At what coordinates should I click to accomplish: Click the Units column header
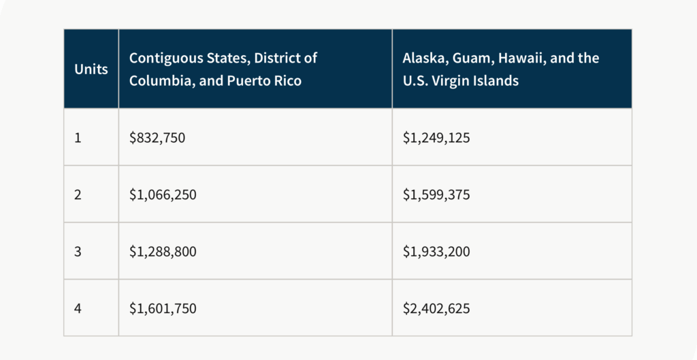tap(91, 69)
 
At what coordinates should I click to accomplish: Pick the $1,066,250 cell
tap(163, 195)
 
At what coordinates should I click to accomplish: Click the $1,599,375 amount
tap(436, 195)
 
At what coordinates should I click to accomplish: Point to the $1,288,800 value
tap(163, 252)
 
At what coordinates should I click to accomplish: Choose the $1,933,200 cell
tap(436, 252)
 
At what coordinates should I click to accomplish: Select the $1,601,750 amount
tap(163, 308)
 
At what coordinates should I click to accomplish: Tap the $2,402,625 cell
tap(436, 308)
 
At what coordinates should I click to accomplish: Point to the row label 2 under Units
tap(78, 195)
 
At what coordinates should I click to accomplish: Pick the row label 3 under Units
tap(78, 252)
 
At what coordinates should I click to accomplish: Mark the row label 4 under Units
tap(78, 308)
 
